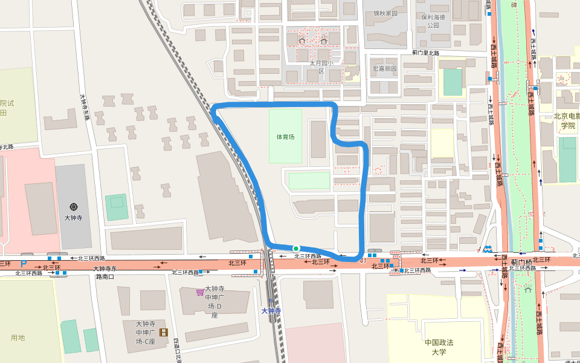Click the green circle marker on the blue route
pos(296,248)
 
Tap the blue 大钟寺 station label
pos(272,311)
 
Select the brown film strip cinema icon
pos(163,332)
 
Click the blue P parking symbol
pos(24,264)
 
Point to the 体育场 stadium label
pos(285,137)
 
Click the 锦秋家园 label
pos(385,13)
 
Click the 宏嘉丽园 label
pos(385,69)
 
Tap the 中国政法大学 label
pos(439,347)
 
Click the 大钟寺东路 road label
pos(84,106)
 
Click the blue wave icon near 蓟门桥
pos(487,249)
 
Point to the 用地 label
pos(18,338)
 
